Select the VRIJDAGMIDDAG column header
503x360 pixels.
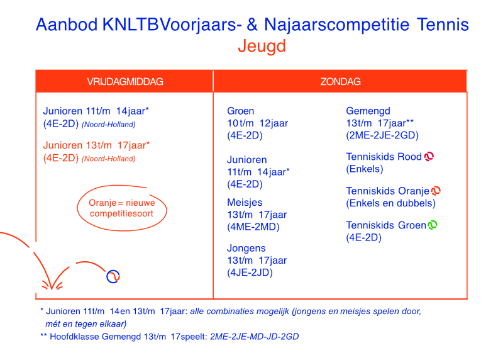pos(125,82)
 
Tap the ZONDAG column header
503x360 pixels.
pos(340,82)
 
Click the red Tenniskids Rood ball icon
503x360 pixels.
pos(429,156)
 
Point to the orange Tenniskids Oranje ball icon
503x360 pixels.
pos(436,191)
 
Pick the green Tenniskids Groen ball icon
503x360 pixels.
pos(433,225)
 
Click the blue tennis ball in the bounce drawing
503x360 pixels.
pos(113,276)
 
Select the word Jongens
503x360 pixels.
pos(246,248)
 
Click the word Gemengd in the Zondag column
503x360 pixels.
pos(368,111)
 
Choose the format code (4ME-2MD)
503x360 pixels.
pos(253,227)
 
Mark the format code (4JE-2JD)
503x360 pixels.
pos(250,273)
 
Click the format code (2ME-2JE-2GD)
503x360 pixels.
pos(382,135)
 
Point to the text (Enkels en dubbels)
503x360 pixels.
pos(390,203)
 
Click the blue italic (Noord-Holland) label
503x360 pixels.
pos(108,125)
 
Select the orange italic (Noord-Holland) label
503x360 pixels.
pos(108,159)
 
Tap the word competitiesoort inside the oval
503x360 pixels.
pos(121,214)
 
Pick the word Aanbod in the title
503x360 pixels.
pos(67,25)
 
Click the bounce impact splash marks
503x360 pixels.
pos(52,284)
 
